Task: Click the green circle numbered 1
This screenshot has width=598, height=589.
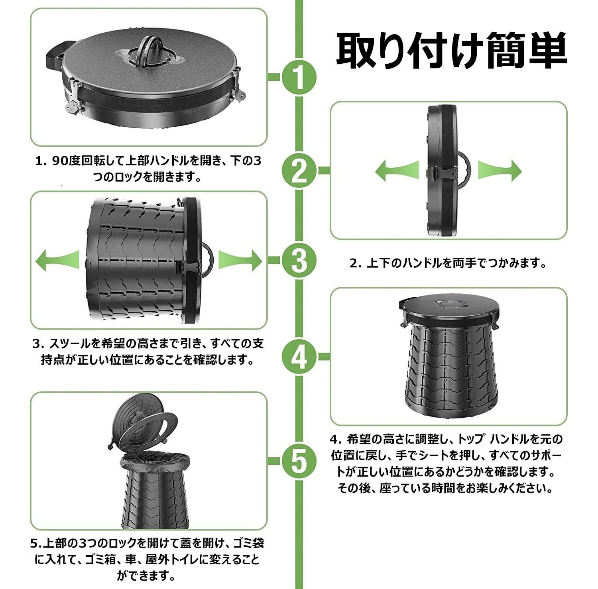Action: [299, 77]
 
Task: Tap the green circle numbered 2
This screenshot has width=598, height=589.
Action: [299, 171]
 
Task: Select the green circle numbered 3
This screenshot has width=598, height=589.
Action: [299, 261]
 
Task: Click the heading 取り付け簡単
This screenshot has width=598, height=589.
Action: [452, 50]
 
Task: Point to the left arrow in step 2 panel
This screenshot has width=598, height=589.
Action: [397, 171]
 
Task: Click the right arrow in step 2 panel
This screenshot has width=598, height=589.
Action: [500, 171]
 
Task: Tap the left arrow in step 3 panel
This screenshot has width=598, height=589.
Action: [57, 261]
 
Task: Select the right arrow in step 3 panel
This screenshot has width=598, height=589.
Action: [240, 261]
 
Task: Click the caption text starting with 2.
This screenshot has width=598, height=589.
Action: [448, 263]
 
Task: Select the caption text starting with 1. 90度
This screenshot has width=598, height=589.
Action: [148, 169]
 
